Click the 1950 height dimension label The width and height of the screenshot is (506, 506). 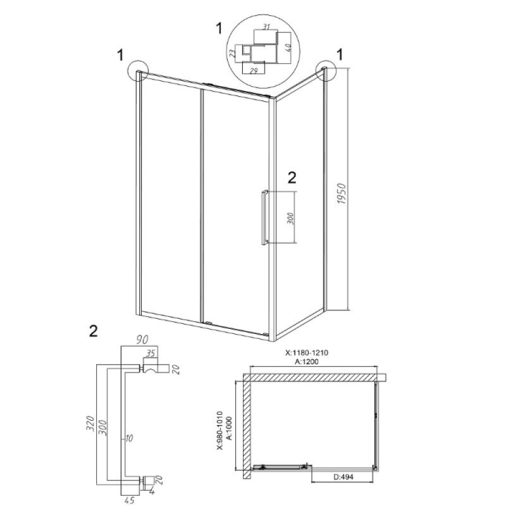tap(342, 194)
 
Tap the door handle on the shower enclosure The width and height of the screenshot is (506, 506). tap(265, 217)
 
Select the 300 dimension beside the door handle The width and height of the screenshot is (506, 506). tap(290, 218)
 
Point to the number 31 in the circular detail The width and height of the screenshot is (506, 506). tap(266, 27)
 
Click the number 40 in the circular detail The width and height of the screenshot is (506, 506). tap(288, 48)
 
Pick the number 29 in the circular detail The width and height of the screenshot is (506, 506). tap(254, 70)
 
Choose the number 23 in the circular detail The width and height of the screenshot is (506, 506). tap(232, 53)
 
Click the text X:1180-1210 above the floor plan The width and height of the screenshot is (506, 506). tap(307, 353)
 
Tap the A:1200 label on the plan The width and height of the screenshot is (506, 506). tap(307, 362)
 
